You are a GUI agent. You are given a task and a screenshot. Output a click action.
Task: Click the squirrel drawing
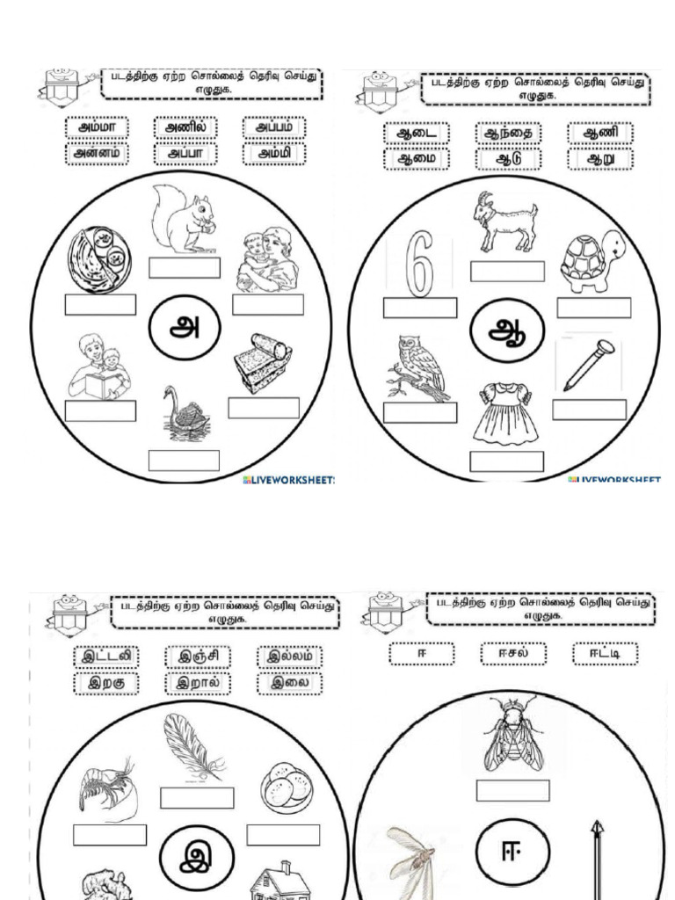tap(182, 220)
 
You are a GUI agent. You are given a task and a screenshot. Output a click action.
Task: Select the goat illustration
tap(504, 222)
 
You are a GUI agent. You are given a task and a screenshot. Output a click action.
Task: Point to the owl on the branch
tap(420, 367)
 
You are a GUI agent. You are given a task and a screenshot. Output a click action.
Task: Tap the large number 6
tap(420, 264)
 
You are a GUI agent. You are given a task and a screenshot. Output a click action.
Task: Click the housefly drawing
tap(512, 734)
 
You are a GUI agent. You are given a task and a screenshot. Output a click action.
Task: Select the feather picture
tap(192, 748)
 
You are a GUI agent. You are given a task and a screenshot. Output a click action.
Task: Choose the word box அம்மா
tap(97, 128)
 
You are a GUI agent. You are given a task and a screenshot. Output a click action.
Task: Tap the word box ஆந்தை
tap(508, 134)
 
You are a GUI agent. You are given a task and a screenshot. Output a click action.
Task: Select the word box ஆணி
tap(599, 134)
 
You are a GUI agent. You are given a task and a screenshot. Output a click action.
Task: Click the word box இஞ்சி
tap(197, 657)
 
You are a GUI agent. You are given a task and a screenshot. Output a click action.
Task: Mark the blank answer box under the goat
tap(507, 272)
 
